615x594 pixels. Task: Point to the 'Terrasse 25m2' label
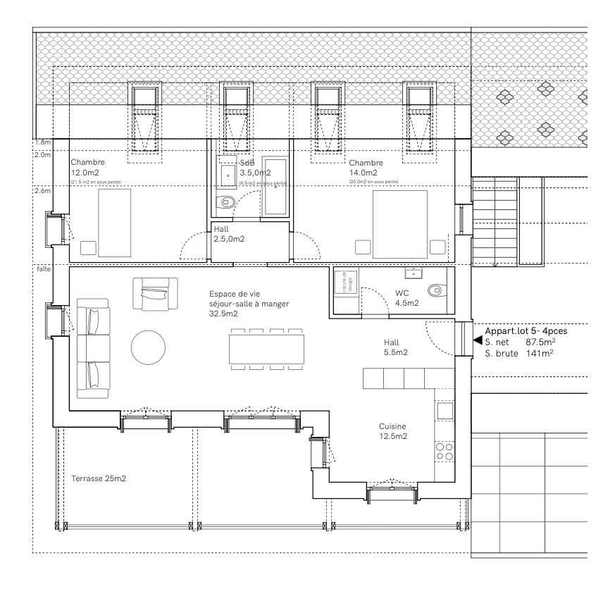click(99, 479)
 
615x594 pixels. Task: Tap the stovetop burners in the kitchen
click(445, 451)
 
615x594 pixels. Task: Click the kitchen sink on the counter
click(445, 410)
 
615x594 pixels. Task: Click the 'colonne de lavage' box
click(346, 283)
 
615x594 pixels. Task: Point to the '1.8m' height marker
click(42, 142)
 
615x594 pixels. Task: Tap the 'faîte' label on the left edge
click(43, 269)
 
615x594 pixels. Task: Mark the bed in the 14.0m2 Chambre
click(399, 223)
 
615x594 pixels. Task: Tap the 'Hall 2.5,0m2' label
click(229, 235)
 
